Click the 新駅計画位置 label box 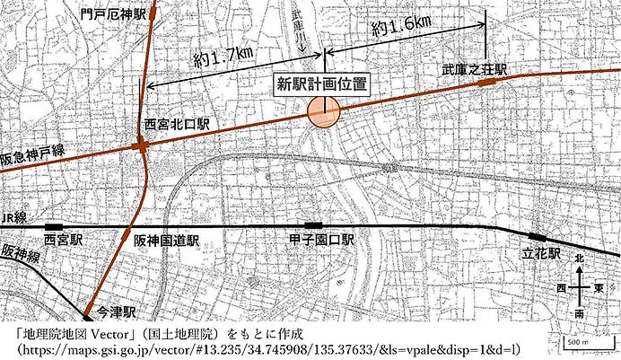(321, 84)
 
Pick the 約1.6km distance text (401, 26)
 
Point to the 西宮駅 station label (63, 241)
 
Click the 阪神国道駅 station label (166, 241)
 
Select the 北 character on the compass (579, 258)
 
